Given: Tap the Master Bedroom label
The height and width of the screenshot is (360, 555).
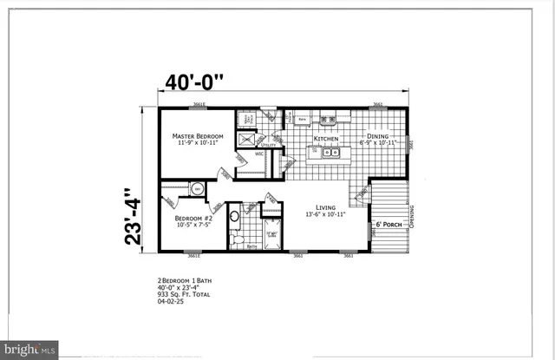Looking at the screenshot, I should point(197,136).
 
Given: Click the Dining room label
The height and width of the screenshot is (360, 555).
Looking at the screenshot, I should point(377,136).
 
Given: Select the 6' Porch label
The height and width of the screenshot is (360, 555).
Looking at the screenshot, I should point(388,225).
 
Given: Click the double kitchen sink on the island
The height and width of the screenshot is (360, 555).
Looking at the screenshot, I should point(330,154).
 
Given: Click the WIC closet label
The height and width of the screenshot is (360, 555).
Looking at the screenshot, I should point(258,154).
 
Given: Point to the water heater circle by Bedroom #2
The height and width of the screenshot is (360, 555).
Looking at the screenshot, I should point(198,188).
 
